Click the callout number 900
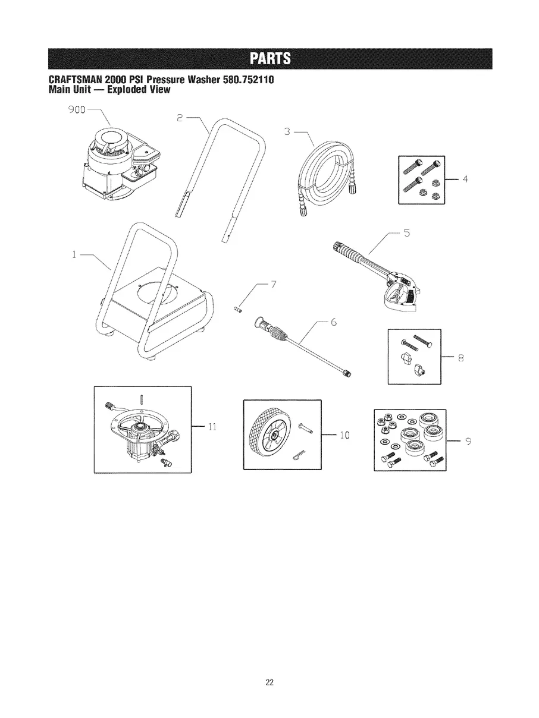77,110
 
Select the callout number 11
212,426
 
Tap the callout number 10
343,436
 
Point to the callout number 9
468,441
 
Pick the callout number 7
273,284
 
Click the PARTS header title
269,57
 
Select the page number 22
269,682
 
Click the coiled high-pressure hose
324,172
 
